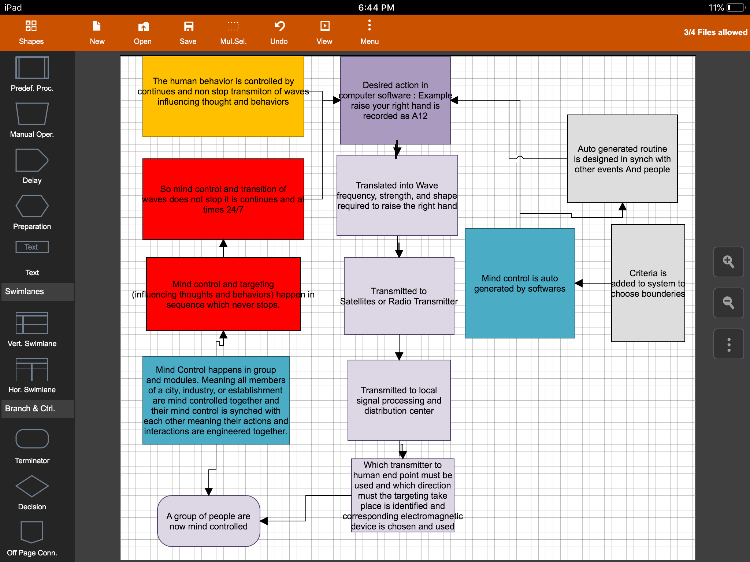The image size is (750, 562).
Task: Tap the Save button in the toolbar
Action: (x=188, y=32)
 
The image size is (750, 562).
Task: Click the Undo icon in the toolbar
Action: (x=279, y=26)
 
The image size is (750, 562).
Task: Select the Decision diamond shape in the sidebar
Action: (x=32, y=486)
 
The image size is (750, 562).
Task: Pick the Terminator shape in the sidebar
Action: (x=32, y=439)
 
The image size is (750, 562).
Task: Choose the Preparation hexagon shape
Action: (x=32, y=206)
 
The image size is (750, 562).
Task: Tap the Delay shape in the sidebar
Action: (x=32, y=160)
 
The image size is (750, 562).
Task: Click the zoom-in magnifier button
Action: (x=728, y=262)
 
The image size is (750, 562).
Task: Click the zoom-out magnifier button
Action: (x=728, y=303)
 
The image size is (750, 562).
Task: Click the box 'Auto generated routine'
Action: (x=622, y=159)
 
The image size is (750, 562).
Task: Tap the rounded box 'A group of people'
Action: (x=208, y=521)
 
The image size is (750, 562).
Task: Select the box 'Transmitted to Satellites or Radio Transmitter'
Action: (x=399, y=296)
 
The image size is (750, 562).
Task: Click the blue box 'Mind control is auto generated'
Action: (x=520, y=284)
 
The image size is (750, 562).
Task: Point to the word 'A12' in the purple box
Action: (x=420, y=116)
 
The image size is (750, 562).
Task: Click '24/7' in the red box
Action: (x=234, y=210)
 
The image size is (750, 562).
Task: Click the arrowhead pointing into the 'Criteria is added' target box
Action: (x=579, y=283)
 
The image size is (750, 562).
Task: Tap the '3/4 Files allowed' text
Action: (x=716, y=32)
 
